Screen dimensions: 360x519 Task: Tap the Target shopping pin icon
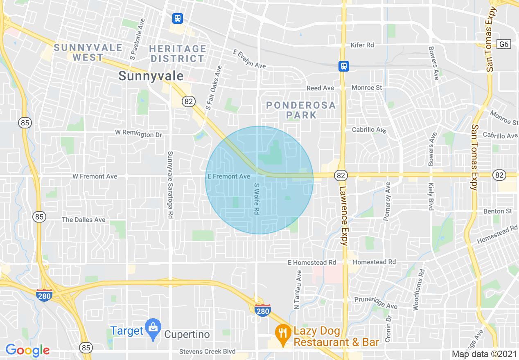coord(153,329)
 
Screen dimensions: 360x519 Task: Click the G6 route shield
coord(504,44)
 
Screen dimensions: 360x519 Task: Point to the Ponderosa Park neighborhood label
coord(301,110)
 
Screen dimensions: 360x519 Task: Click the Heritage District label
coord(177,54)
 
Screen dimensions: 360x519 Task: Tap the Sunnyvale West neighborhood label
coord(88,52)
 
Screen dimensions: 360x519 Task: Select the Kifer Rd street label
coord(362,45)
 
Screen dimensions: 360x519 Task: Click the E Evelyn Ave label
coord(249,59)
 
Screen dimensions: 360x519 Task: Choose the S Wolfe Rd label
coord(257,199)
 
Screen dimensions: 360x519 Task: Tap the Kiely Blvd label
coord(431,196)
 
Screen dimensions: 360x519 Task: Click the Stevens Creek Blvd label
coord(208,352)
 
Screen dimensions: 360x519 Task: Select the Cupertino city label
coord(187,335)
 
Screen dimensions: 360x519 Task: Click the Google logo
coord(27,350)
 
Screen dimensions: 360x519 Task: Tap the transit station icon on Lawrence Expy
coord(343,66)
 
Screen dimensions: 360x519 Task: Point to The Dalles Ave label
coord(83,220)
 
